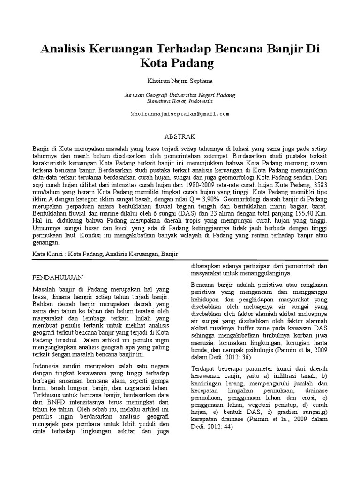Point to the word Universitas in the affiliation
[180, 94]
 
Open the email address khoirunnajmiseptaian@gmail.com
[180, 114]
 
